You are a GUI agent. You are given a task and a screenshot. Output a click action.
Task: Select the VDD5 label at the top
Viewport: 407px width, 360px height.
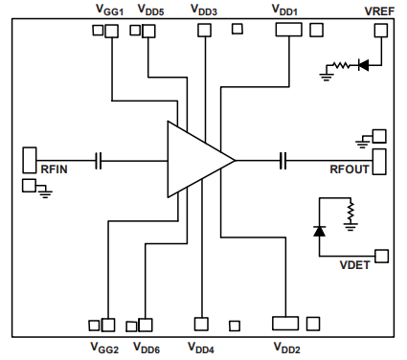pyautogui.click(x=150, y=11)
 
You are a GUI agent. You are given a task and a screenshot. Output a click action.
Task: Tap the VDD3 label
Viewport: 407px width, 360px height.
pyautogui.click(x=203, y=11)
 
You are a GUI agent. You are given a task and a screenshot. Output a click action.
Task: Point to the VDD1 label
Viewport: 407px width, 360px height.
pyautogui.click(x=286, y=11)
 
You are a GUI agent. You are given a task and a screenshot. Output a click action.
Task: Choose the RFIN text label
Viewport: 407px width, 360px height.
pyautogui.click(x=54, y=170)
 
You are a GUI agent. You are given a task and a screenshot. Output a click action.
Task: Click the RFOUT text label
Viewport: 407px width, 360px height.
pyautogui.click(x=350, y=170)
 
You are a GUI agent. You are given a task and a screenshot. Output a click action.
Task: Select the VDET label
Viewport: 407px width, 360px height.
pyautogui.click(x=357, y=262)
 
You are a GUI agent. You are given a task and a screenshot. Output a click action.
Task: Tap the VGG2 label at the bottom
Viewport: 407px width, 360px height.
pyautogui.click(x=104, y=347)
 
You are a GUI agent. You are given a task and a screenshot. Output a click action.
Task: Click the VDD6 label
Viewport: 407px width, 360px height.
pyautogui.click(x=147, y=347)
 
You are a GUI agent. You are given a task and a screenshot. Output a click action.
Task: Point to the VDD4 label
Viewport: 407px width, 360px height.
pyautogui.click(x=201, y=347)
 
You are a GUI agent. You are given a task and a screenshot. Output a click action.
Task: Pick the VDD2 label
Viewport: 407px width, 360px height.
pyautogui.click(x=286, y=347)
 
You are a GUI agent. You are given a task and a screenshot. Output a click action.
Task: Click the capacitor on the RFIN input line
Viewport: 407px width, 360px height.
pyautogui.click(x=99, y=160)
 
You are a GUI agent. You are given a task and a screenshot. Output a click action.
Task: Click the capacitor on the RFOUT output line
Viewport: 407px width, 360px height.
pyautogui.click(x=283, y=160)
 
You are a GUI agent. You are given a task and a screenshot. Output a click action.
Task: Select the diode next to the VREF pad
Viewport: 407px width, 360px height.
pyautogui.click(x=363, y=66)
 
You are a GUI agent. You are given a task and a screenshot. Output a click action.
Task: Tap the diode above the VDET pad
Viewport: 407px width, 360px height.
pyautogui.click(x=319, y=231)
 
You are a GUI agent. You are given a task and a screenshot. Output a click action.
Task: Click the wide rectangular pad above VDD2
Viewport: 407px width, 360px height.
pyautogui.click(x=286, y=323)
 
